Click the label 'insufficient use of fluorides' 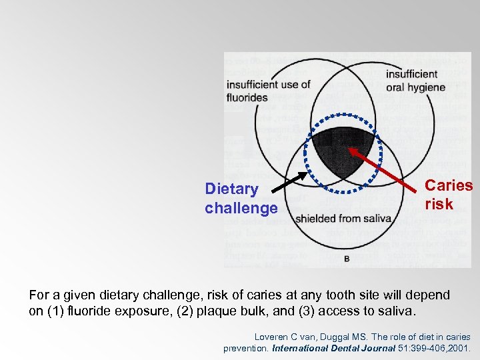coord(268,91)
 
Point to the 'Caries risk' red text coord(448,195)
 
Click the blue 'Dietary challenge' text coord(241,199)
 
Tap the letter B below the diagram coord(347,258)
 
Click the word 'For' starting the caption coord(39,295)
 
